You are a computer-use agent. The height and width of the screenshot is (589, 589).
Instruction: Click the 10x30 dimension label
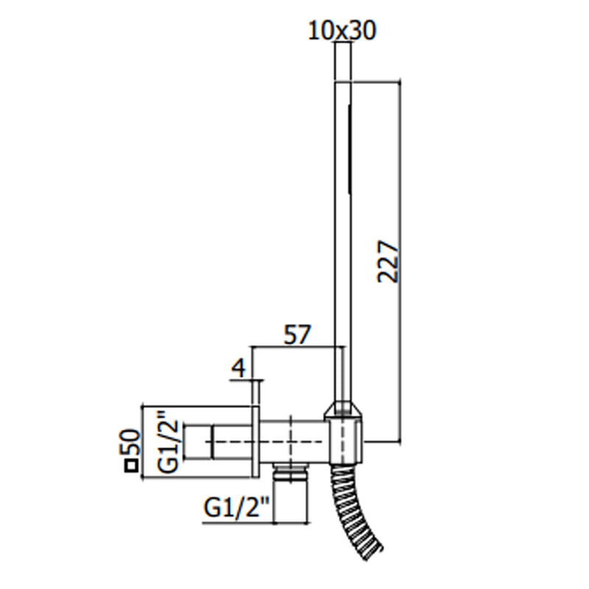pyautogui.click(x=342, y=30)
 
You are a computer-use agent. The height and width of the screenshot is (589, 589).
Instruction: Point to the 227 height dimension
pyautogui.click(x=388, y=261)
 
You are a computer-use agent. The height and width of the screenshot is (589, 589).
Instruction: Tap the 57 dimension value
pyautogui.click(x=297, y=335)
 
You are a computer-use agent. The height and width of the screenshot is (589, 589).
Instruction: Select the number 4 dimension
pyautogui.click(x=239, y=368)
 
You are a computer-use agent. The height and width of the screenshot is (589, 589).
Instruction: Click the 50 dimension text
pyautogui.click(x=130, y=442)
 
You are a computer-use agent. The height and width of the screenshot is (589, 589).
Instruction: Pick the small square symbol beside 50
pyautogui.click(x=131, y=466)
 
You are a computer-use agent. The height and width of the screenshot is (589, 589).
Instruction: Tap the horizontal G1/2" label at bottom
pyautogui.click(x=236, y=507)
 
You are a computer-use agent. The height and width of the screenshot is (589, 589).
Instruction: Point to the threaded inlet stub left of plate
pyautogui.click(x=217, y=442)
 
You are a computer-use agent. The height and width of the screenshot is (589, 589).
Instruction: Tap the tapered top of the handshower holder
pyautogui.click(x=343, y=409)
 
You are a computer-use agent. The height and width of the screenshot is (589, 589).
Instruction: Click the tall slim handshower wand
pyautogui.click(x=342, y=241)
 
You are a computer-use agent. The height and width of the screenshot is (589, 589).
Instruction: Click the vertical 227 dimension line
pyautogui.click(x=400, y=261)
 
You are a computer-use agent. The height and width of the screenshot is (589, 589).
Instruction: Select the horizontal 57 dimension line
pyautogui.click(x=298, y=347)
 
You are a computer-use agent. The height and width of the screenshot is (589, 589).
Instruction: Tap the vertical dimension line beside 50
pyautogui.click(x=142, y=442)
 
